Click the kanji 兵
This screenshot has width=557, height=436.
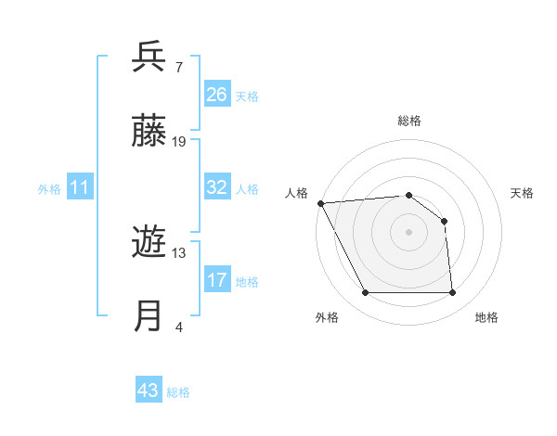click(x=149, y=58)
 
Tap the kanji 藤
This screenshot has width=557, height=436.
click(x=149, y=133)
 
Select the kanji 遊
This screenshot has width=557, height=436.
click(x=149, y=244)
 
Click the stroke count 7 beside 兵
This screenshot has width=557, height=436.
click(x=179, y=67)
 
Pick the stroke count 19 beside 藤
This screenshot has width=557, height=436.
click(x=179, y=142)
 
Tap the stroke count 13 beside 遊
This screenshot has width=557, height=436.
click(x=179, y=252)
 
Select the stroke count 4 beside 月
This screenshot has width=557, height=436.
click(x=179, y=327)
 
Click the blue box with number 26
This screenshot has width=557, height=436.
click(x=217, y=95)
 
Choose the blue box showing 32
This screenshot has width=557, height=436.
click(x=217, y=187)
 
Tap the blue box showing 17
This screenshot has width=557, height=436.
click(x=217, y=280)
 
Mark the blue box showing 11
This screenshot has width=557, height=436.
click(x=80, y=188)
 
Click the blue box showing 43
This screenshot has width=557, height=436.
click(x=149, y=391)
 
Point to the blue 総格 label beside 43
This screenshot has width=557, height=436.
click(x=178, y=392)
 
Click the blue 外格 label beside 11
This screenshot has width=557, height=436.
click(x=49, y=189)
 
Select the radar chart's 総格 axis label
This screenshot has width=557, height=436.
click(x=408, y=121)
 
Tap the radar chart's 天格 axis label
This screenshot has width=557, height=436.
click(x=523, y=193)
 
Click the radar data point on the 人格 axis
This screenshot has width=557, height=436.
click(x=320, y=203)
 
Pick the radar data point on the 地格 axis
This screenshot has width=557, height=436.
click(x=452, y=293)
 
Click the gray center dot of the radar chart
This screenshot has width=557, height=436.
click(x=408, y=232)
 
